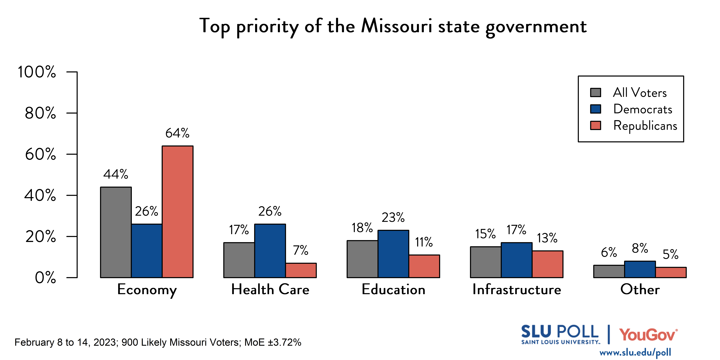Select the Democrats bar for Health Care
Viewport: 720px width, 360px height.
coord(270,251)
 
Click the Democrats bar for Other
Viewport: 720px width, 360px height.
coord(640,269)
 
